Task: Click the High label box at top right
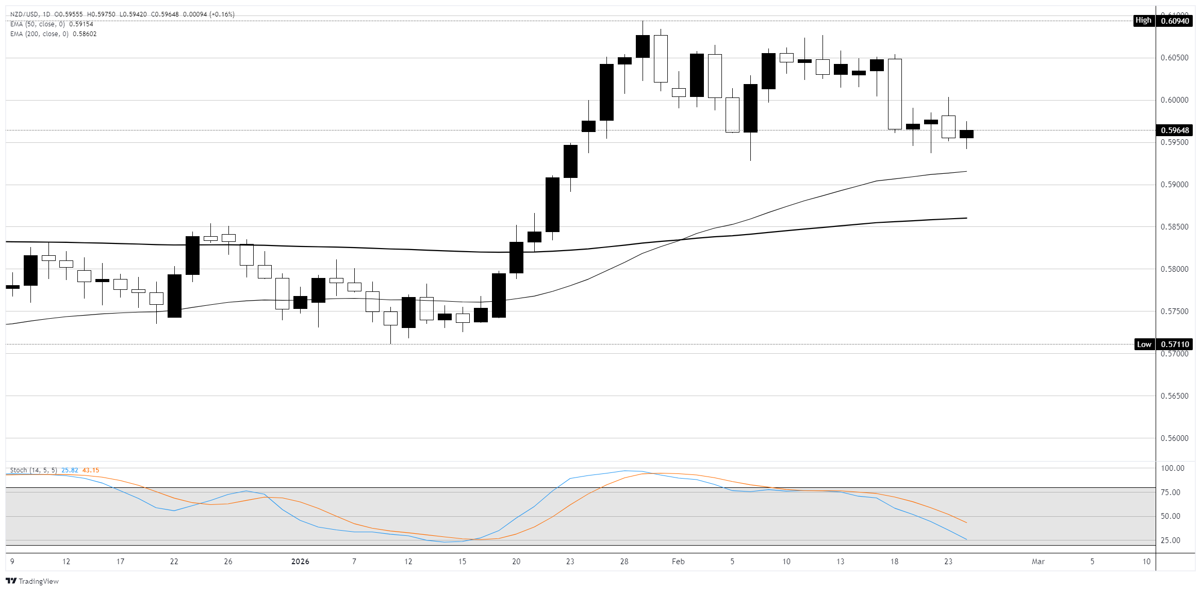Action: point(1143,21)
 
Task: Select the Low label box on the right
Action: point(1144,344)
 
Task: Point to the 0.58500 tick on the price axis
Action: point(1174,227)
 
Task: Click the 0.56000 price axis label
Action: point(1174,438)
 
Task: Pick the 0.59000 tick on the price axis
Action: point(1174,185)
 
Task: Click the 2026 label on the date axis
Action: point(300,562)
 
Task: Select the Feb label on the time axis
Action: point(678,562)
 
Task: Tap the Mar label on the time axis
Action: point(1038,562)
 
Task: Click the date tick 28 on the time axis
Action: point(624,562)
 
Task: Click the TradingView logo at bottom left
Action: point(32,581)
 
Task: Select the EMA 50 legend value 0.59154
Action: point(81,24)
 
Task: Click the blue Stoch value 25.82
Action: point(70,470)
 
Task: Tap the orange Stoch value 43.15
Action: point(91,470)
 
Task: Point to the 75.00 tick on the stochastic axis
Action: point(1170,492)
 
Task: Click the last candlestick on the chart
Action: point(966,134)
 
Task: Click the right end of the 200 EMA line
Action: point(966,218)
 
